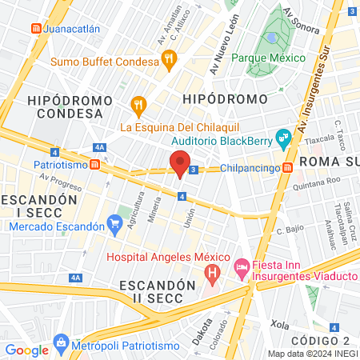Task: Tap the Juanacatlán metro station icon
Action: (35, 28)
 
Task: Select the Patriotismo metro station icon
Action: (95, 164)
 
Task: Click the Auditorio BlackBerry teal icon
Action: (282, 138)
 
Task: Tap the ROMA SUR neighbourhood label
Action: (328, 162)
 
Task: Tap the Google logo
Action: (26, 350)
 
